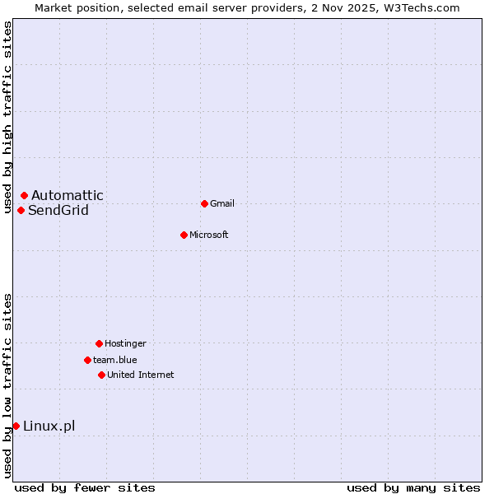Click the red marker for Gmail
(204, 203)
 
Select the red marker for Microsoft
(184, 235)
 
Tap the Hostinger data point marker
(99, 343)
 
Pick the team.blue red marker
(87, 360)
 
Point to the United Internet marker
(101, 375)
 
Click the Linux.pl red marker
(16, 426)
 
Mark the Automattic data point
(24, 195)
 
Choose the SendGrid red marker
(21, 210)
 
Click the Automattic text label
(68, 195)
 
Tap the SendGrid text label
(58, 210)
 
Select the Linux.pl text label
(49, 426)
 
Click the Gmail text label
(222, 203)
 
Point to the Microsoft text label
(209, 235)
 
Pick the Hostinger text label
(125, 343)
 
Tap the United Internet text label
(141, 375)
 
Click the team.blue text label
(115, 360)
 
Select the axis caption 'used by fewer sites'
(85, 487)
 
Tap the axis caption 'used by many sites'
(413, 487)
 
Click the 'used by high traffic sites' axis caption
(7, 117)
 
